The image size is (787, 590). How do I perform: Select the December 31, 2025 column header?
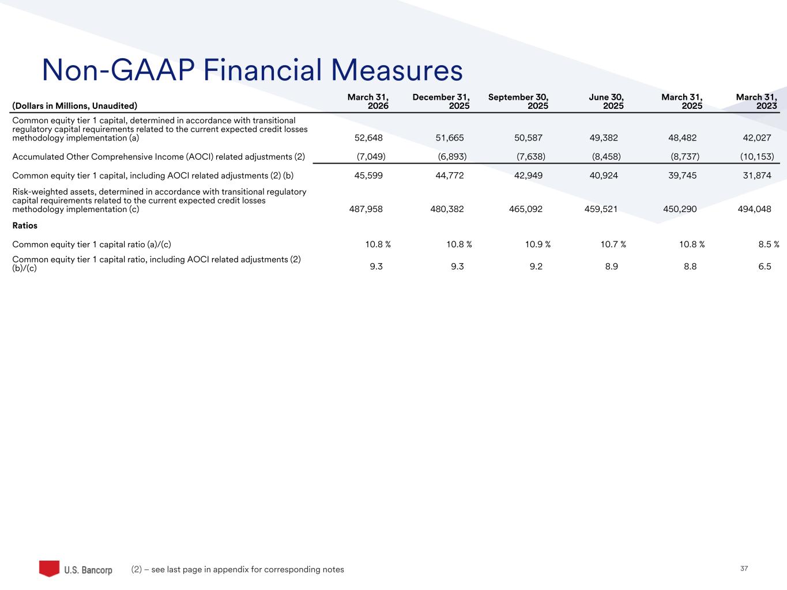(441, 102)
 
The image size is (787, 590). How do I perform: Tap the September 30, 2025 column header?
(518, 102)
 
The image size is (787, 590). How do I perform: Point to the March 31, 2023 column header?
(756, 102)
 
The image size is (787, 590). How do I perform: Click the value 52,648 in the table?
(368, 138)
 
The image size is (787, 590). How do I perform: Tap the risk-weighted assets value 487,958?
(366, 209)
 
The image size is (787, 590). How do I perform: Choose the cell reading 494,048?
(754, 209)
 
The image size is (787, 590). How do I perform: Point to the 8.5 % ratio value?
(769, 244)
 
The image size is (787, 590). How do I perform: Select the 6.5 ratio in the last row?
(765, 267)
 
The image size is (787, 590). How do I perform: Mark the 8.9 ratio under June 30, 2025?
(611, 267)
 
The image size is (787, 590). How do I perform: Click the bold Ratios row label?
(25, 226)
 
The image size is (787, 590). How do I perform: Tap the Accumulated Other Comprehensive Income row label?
(159, 157)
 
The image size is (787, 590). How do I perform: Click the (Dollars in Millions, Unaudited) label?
(75, 106)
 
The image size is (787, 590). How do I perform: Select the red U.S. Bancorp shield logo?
(49, 568)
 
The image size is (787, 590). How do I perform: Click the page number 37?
(744, 569)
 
